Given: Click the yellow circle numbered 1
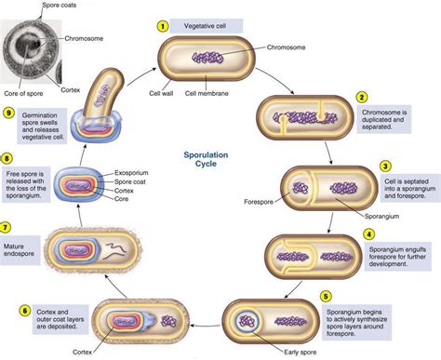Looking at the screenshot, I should coord(162,26).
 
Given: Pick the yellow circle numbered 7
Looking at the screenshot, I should coord(8,226).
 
